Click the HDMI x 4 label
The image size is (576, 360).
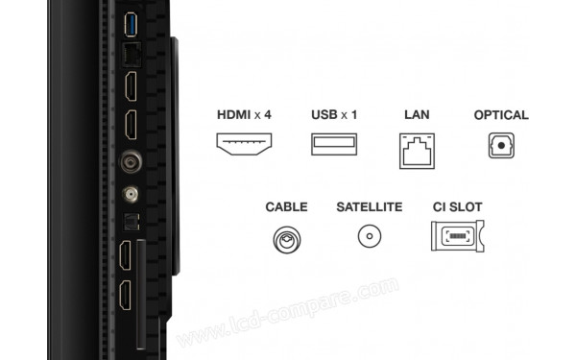244,115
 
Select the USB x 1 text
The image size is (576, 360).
334,115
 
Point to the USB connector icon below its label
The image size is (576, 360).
334,145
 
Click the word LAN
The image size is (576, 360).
417,115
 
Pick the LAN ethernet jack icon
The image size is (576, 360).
417,149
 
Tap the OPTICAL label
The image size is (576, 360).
501,115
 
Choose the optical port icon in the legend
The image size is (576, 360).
501,146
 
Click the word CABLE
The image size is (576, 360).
286,206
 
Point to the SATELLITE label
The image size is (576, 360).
369,206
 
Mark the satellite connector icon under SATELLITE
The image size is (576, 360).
369,237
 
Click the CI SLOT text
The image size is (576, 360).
457,206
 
